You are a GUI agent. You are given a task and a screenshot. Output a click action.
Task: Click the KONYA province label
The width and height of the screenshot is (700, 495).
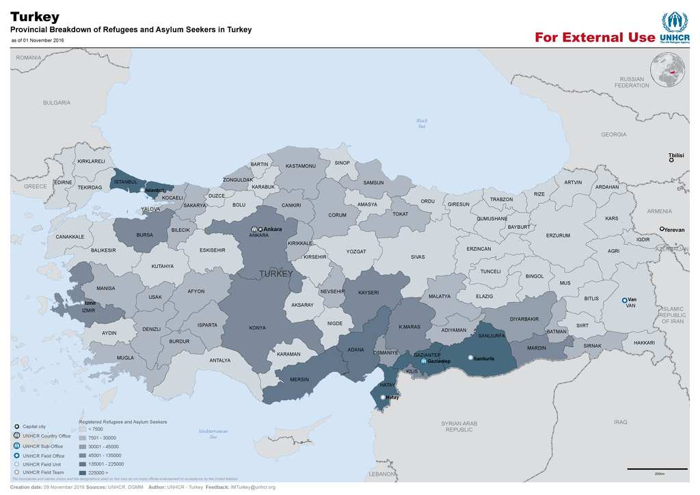(257, 328)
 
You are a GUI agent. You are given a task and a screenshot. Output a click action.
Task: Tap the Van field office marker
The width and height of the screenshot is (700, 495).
(624, 300)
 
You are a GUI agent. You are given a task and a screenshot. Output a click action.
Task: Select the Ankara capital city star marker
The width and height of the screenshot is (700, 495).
(260, 229)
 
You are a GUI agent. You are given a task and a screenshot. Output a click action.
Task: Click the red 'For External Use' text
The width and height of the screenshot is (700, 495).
(594, 38)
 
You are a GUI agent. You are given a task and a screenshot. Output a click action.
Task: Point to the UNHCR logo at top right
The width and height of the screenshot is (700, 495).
(674, 27)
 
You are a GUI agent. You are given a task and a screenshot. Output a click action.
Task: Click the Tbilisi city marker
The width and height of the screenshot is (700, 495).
(672, 161)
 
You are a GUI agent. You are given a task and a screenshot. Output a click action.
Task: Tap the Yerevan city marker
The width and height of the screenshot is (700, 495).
(662, 229)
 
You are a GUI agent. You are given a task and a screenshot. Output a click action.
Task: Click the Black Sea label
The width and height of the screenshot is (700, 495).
(422, 123)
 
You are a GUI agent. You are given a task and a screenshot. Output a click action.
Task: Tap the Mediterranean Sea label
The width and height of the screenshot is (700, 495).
(213, 433)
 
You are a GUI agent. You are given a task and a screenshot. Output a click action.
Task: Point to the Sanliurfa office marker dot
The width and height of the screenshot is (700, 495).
(470, 358)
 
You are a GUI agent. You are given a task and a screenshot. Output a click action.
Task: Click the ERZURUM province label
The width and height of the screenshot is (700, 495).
(558, 236)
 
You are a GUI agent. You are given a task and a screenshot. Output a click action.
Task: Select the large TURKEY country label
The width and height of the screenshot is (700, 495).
(275, 273)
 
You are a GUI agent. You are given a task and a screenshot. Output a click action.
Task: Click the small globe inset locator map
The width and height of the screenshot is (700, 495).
(667, 70)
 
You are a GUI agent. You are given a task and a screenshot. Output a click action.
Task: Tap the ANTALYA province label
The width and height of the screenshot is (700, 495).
(219, 360)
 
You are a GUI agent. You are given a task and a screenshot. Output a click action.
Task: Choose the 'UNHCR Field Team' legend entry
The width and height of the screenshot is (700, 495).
(43, 472)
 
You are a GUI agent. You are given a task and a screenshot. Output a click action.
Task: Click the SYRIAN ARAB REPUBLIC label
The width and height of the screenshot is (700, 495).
(459, 427)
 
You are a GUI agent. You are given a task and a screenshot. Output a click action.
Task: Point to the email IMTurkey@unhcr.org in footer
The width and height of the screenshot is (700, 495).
(252, 487)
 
